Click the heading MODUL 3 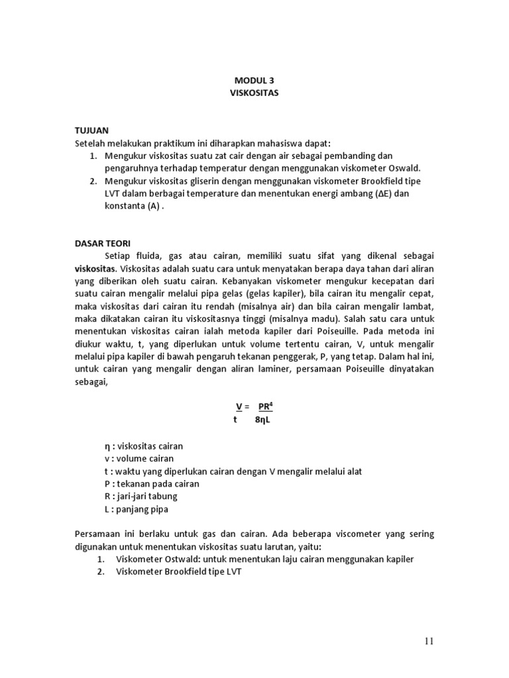coord(254,80)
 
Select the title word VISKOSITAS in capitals coord(254,93)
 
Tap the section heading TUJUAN coord(91,131)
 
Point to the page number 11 coord(428,641)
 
